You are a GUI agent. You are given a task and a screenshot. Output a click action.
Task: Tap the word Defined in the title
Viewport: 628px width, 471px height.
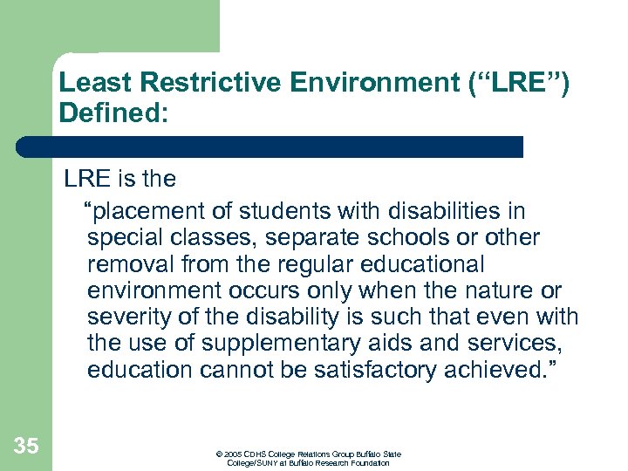click(108, 113)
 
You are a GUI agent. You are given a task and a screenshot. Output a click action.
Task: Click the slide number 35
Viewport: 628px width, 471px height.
click(26, 447)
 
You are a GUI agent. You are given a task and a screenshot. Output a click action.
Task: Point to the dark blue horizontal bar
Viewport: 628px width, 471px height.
click(270, 147)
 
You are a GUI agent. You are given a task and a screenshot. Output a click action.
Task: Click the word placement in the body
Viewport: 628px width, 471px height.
click(146, 212)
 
